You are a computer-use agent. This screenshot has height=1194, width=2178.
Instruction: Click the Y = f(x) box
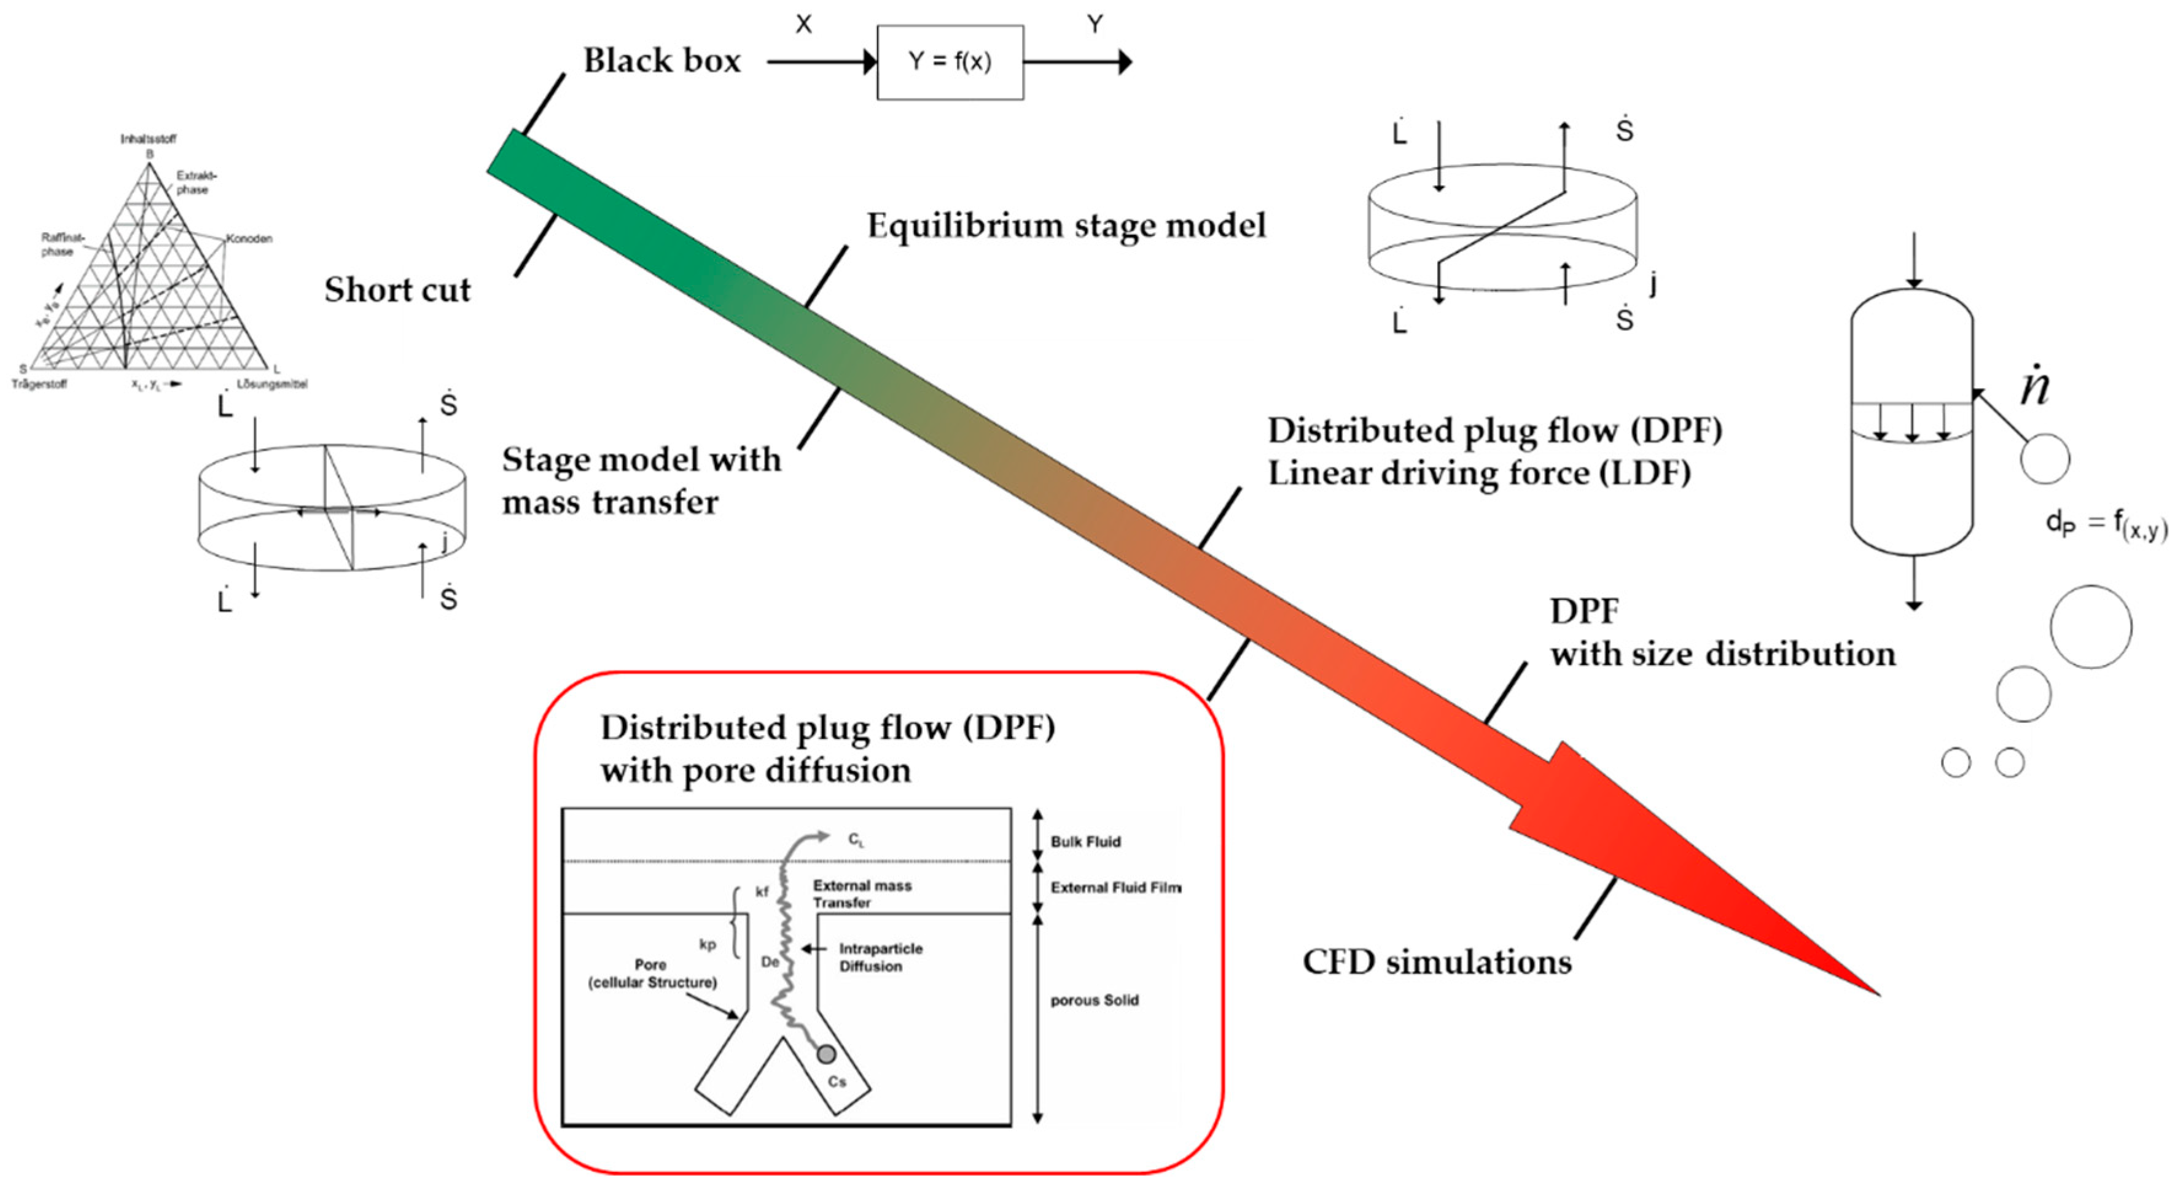coord(950,62)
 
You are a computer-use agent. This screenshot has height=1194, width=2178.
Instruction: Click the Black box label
coord(662,61)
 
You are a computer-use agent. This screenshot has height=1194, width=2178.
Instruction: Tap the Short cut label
coord(397,290)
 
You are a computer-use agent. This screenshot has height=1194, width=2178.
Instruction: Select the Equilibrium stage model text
coord(1066,226)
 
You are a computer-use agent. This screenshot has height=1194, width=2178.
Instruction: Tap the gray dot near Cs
coord(826,1053)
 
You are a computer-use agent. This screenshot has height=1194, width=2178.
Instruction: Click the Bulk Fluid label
coord(1085,842)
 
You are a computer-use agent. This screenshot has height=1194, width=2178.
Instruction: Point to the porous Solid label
coord(1094,1001)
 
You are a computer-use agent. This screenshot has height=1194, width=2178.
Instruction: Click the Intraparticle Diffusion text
coord(880,958)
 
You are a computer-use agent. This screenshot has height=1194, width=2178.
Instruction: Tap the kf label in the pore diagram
coord(762,891)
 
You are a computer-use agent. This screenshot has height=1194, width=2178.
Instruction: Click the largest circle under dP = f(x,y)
coord(2090,626)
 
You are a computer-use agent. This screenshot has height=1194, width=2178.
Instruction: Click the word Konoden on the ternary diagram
coord(249,238)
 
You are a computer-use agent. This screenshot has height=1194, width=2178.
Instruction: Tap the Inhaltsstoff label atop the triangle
coord(148,139)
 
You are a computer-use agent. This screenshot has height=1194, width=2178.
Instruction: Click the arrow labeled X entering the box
coord(820,62)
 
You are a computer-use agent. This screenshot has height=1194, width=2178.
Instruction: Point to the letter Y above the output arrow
coord(1094,25)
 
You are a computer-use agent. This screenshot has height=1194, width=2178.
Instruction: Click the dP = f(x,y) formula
coord(2106,525)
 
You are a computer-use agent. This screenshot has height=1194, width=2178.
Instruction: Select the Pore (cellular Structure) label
coord(652,974)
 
